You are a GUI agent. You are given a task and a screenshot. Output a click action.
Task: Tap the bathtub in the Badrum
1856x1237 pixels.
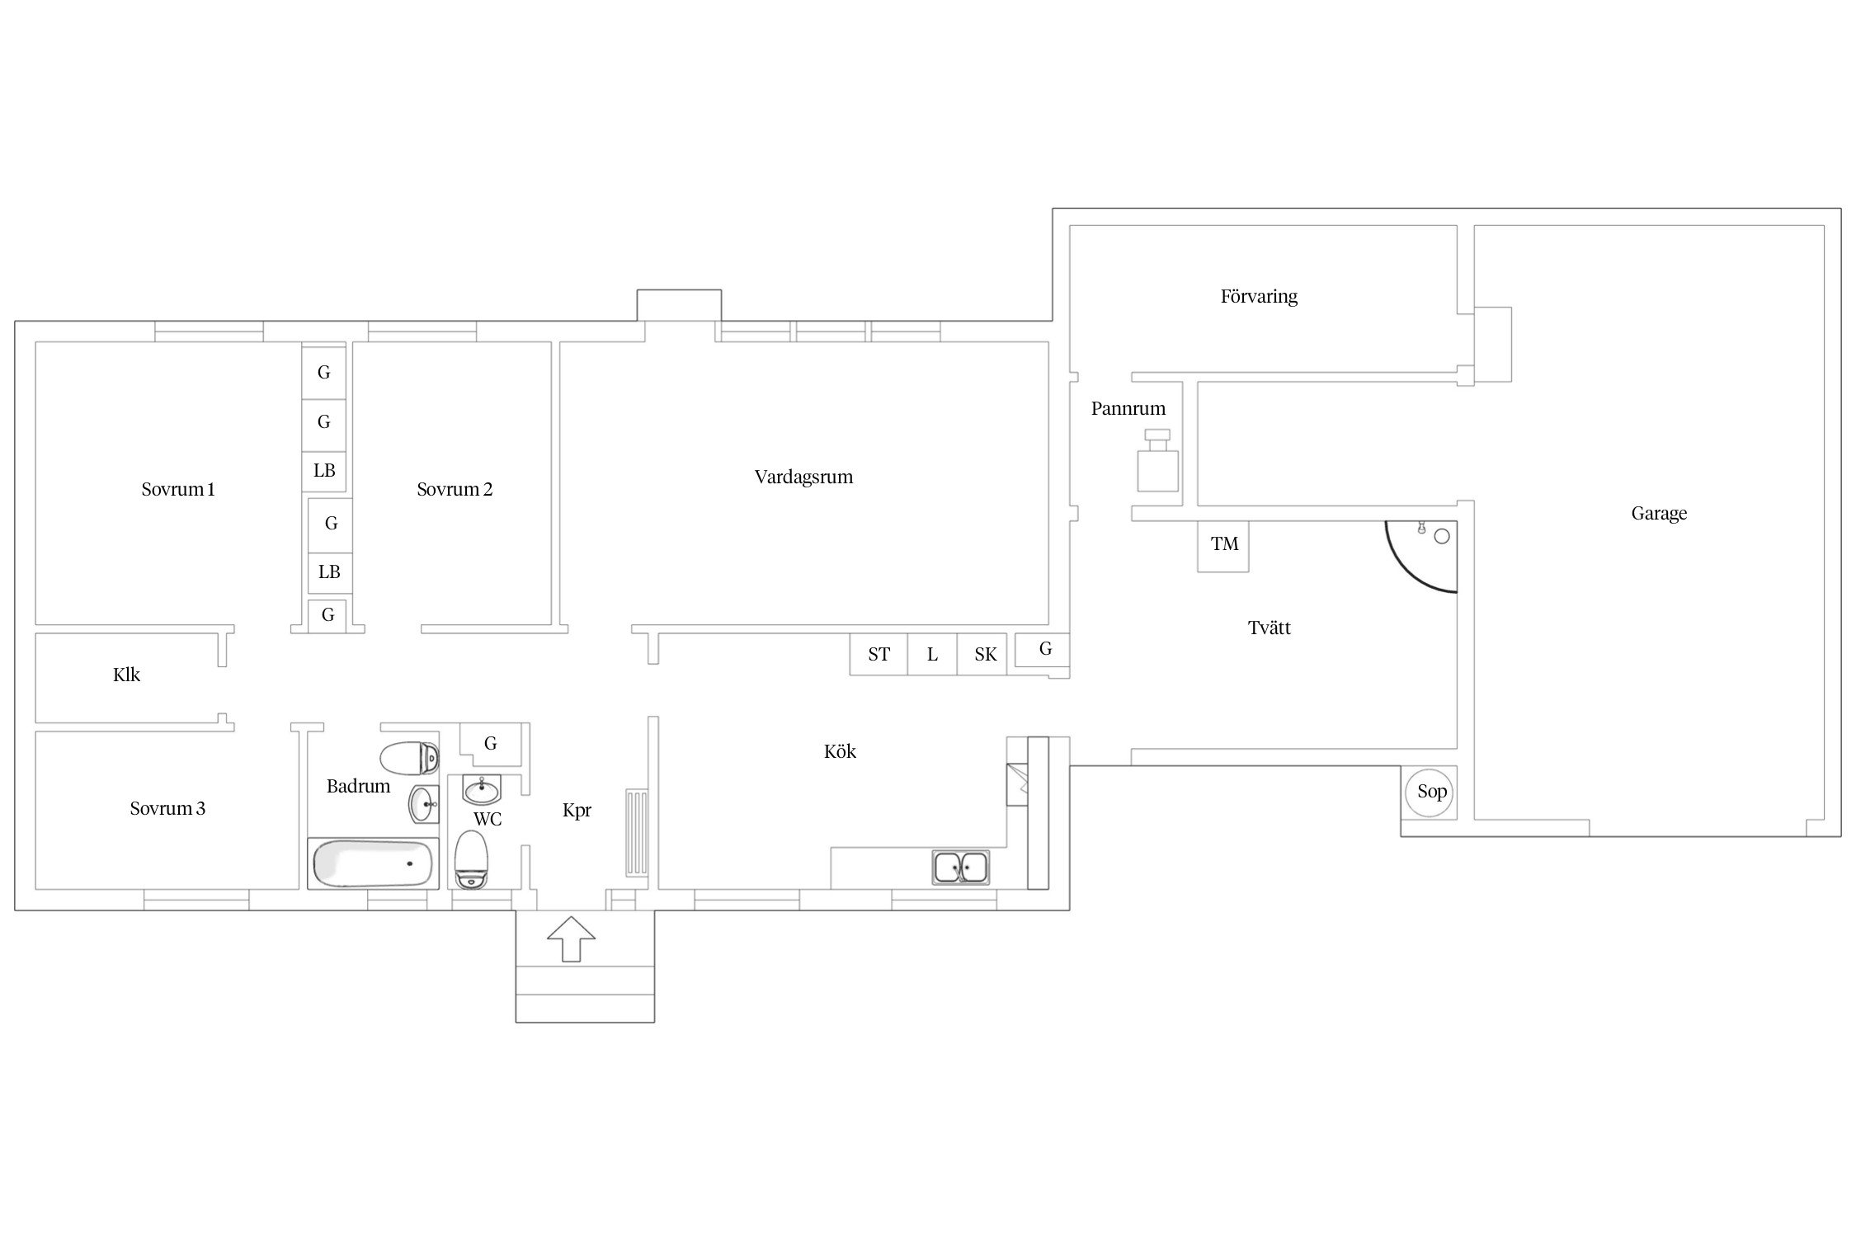pos(371,863)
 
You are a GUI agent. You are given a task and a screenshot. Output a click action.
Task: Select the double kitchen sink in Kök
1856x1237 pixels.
pos(961,867)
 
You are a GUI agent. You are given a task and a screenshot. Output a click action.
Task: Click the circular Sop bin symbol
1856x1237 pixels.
pos(1432,792)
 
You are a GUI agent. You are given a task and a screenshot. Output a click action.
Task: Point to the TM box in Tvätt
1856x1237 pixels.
pos(1223,546)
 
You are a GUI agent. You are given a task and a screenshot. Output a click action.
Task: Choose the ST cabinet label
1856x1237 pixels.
pos(879,655)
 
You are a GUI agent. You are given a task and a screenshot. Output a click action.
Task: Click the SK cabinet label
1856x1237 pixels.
pos(986,655)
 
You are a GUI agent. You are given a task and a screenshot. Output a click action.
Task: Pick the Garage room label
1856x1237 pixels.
pos(1659,514)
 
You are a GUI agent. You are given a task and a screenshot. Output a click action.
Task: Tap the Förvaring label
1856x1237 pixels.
pos(1259,296)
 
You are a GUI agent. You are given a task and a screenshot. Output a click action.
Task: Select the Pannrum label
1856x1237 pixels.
pos(1128,408)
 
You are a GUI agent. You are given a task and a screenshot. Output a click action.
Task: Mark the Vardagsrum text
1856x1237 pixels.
pos(803,477)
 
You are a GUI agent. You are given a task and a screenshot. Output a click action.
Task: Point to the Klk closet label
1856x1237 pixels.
pos(126,675)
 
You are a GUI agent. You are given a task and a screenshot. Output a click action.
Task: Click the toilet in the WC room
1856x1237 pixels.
pos(472,859)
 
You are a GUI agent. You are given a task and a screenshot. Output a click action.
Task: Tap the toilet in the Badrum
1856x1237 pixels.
pos(409,758)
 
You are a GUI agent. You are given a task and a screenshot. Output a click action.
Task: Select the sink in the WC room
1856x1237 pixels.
pos(482,791)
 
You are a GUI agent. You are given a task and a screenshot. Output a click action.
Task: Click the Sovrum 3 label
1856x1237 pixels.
pos(167,809)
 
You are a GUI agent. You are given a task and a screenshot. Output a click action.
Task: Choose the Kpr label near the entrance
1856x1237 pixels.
pos(577,811)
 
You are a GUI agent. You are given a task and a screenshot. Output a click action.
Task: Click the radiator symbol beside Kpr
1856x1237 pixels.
pos(638,833)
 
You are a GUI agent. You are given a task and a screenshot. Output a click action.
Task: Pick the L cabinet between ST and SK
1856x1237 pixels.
pos(932,655)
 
